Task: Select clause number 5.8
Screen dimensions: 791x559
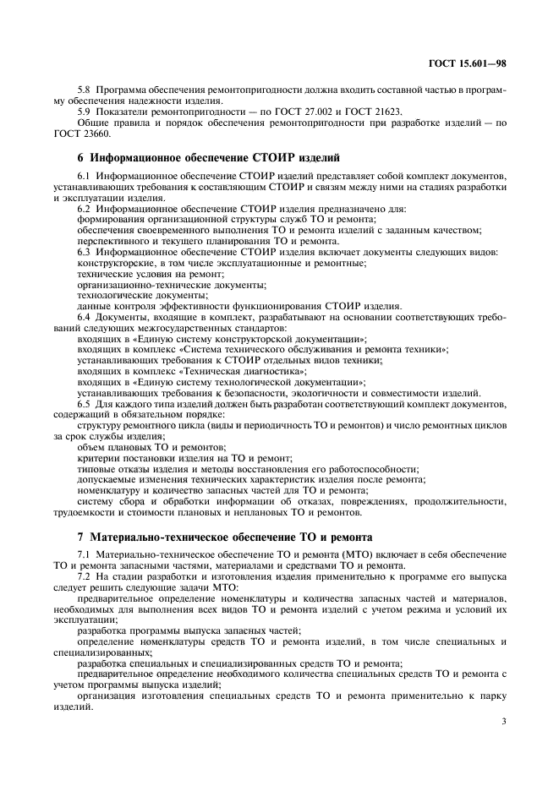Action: (x=83, y=89)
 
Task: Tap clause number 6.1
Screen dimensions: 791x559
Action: (x=83, y=175)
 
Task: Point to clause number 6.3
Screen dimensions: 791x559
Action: (x=83, y=252)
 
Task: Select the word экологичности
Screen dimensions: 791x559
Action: (x=329, y=394)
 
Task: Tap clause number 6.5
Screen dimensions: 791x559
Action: (x=83, y=405)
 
